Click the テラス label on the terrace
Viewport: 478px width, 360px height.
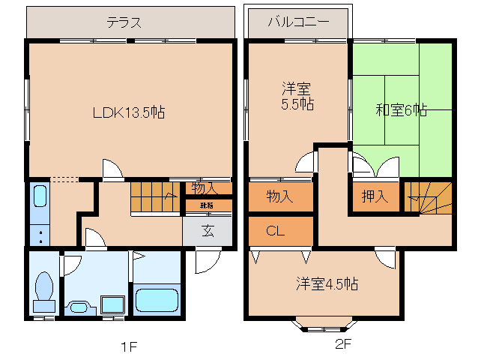pyautogui.click(x=124, y=22)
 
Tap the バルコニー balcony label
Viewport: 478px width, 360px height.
pyautogui.click(x=298, y=22)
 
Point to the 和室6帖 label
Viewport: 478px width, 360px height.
pyautogui.click(x=402, y=110)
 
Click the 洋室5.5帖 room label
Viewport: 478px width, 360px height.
pyautogui.click(x=297, y=96)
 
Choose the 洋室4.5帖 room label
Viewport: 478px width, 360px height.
pyautogui.click(x=326, y=284)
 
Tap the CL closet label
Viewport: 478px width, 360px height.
pyautogui.click(x=275, y=231)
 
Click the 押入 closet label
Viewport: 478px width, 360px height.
pyautogui.click(x=375, y=196)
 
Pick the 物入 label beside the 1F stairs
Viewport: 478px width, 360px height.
pyautogui.click(x=204, y=187)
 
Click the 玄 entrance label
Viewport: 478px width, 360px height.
pyautogui.click(x=207, y=231)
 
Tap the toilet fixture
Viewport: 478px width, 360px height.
pyautogui.click(x=43, y=291)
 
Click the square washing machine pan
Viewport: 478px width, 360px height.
pyautogui.click(x=112, y=304)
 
